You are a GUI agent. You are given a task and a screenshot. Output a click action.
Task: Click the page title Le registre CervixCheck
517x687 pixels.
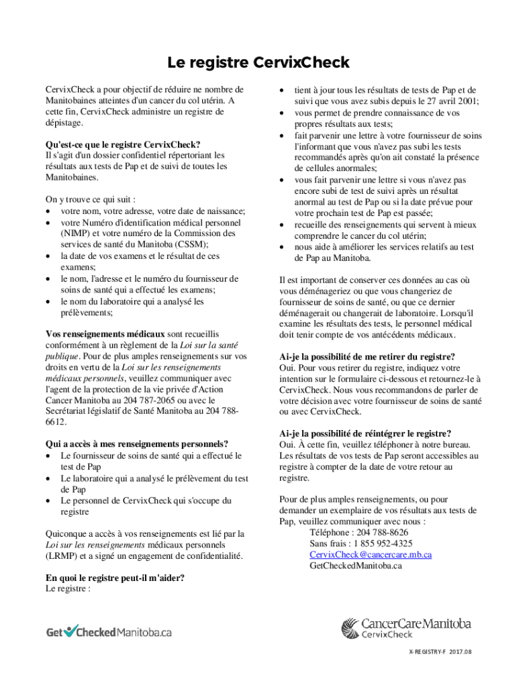(258, 63)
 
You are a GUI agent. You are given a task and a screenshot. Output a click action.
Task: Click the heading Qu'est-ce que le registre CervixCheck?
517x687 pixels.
(123, 144)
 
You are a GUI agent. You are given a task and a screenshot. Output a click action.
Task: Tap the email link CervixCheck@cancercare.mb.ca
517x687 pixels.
(370, 554)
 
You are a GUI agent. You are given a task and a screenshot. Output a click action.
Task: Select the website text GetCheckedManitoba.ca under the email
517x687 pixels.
(355, 566)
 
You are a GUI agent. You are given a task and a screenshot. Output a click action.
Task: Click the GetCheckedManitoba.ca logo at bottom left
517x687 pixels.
(109, 632)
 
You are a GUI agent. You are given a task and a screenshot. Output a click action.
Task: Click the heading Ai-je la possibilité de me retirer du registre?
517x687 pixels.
(367, 356)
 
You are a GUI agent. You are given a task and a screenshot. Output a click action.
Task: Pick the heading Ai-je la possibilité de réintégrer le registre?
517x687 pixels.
(365, 433)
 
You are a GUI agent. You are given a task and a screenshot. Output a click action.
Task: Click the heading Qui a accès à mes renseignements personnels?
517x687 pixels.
(136, 443)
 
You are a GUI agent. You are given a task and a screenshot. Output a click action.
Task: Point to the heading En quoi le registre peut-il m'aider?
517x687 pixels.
(115, 578)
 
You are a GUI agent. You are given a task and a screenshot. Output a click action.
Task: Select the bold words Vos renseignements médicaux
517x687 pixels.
(105, 333)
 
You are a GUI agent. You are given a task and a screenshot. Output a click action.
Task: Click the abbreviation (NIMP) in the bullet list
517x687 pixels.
(75, 233)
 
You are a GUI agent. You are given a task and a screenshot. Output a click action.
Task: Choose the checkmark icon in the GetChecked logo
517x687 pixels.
(73, 630)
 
